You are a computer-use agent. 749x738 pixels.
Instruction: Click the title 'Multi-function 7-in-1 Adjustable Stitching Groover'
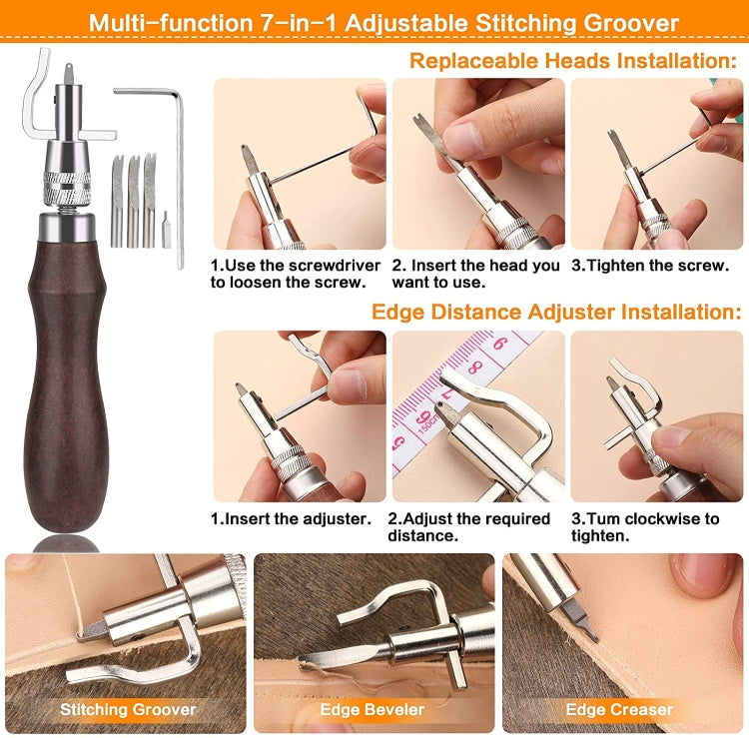[x=383, y=22]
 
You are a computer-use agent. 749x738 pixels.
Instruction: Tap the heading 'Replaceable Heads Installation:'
[x=574, y=60]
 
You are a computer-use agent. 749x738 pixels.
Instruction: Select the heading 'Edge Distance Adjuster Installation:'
[x=556, y=312]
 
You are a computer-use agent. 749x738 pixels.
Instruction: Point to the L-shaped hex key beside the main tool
[x=176, y=170]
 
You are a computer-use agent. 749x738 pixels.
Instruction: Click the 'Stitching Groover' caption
[x=129, y=710]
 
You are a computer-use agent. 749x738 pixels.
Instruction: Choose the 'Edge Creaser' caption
[x=619, y=710]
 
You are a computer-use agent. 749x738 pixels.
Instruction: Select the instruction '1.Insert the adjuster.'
[x=290, y=518]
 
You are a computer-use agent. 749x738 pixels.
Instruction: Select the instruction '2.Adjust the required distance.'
[x=469, y=526]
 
